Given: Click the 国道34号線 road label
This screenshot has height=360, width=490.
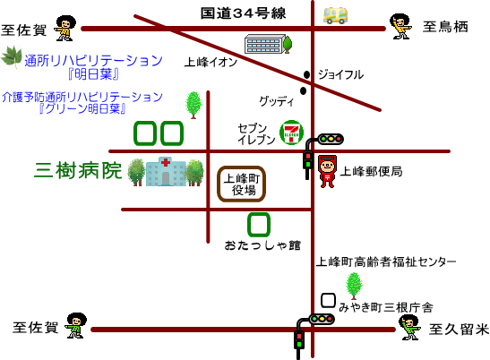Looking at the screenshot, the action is [243, 13].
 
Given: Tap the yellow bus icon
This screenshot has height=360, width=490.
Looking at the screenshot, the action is [335, 15].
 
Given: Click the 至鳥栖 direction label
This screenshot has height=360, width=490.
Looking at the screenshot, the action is [445, 27].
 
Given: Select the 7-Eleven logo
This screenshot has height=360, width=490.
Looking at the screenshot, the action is [291, 133].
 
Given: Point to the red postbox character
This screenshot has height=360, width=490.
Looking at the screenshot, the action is [327, 171].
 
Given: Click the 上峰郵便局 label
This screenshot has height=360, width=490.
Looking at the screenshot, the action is [371, 171].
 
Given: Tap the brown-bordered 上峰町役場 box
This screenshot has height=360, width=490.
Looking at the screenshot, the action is [242, 184].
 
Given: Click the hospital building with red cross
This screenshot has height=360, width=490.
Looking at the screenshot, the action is [166, 171].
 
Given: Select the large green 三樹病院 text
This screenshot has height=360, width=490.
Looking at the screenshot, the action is [78, 170].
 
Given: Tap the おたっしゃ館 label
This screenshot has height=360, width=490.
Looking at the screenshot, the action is [262, 245].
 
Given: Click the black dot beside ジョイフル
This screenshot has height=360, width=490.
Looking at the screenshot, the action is [307, 74].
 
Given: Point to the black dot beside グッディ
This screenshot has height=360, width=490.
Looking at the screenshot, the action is [303, 90].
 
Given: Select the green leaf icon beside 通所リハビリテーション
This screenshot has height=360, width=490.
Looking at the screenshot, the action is [12, 57].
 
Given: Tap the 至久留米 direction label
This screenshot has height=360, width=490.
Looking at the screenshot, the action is [459, 330].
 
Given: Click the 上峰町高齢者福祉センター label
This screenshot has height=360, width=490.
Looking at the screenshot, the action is [385, 261].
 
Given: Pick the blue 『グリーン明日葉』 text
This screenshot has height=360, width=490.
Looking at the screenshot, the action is [82, 108].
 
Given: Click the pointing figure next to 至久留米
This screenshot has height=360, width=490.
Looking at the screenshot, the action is [410, 327].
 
